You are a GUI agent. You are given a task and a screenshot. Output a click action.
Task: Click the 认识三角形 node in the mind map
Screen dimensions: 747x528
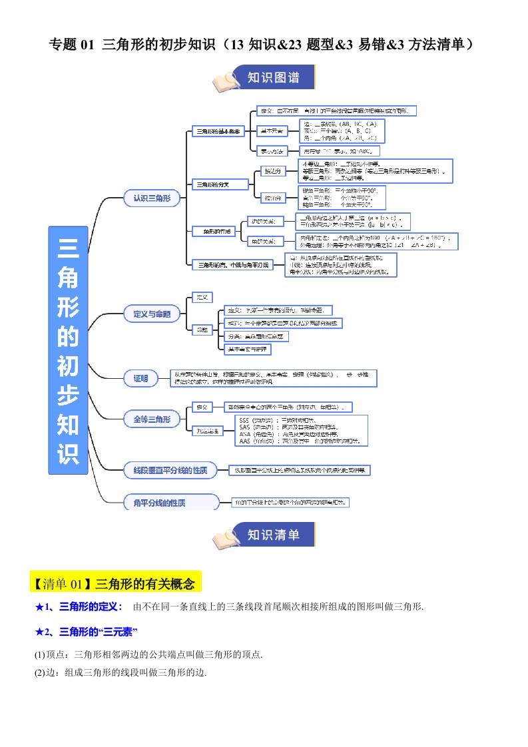pyautogui.click(x=152, y=198)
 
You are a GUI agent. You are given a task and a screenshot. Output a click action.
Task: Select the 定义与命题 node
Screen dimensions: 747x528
pyautogui.click(x=152, y=314)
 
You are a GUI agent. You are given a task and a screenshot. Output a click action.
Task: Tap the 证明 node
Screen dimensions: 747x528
pyautogui.click(x=140, y=379)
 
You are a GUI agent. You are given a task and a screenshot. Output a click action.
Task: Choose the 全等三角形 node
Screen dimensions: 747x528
pyautogui.click(x=152, y=419)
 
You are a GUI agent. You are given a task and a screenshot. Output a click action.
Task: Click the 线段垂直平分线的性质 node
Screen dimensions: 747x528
pyautogui.click(x=171, y=471)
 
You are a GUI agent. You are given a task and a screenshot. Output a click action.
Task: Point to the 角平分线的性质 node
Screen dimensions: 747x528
pyautogui.click(x=171, y=503)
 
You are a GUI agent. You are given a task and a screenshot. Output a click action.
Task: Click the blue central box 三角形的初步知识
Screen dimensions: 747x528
pyautogui.click(x=68, y=350)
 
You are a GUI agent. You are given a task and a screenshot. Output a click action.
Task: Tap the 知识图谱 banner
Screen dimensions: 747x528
pyautogui.click(x=274, y=77)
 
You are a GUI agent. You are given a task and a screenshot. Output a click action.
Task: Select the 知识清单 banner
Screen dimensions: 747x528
pyautogui.click(x=274, y=535)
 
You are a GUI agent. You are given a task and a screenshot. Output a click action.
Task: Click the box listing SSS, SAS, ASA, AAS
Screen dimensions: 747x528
pyautogui.click(x=301, y=431)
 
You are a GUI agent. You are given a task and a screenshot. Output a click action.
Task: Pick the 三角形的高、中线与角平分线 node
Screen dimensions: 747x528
pyautogui.click(x=231, y=265)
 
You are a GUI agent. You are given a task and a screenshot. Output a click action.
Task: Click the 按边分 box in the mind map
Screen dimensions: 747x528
pyautogui.click(x=272, y=171)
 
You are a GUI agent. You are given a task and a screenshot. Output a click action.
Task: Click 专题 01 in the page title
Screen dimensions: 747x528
pyautogui.click(x=73, y=45)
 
